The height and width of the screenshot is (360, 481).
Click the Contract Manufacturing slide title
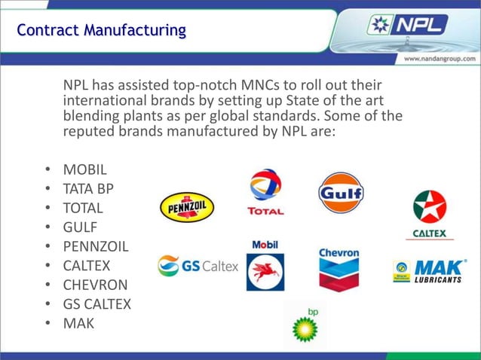click(x=101, y=31)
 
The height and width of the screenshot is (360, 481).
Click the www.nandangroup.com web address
click(x=440, y=59)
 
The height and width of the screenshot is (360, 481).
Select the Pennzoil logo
click(x=187, y=207)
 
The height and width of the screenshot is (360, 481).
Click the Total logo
click(x=265, y=193)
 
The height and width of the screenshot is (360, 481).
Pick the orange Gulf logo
click(x=342, y=193)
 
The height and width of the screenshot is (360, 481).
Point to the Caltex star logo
click(x=430, y=214)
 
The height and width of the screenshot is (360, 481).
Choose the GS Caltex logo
click(x=198, y=266)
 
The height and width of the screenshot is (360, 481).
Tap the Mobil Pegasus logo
click(x=265, y=266)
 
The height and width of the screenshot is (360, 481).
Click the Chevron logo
click(x=339, y=267)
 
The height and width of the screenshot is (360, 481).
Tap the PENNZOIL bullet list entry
click(x=96, y=246)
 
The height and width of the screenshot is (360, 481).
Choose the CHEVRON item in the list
click(x=95, y=285)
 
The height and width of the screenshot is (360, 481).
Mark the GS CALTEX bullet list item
click(x=97, y=305)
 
